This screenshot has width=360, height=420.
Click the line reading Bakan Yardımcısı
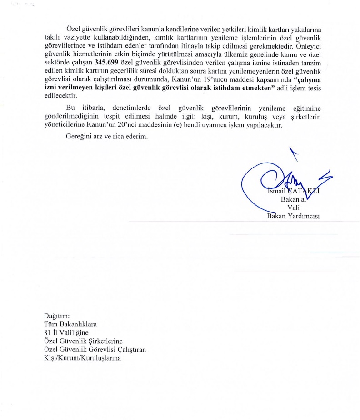[x=293, y=215]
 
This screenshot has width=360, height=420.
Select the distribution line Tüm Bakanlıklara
[x=70, y=324]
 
